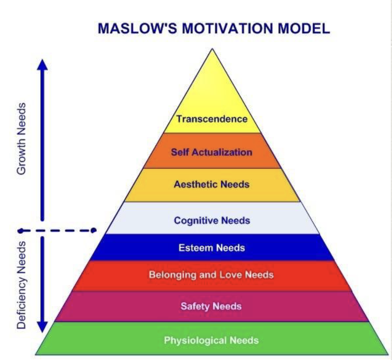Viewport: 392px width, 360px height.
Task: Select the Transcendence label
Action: coord(212,119)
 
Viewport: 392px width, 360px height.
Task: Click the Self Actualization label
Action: coord(212,152)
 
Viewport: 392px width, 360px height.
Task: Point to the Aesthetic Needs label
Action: coord(212,185)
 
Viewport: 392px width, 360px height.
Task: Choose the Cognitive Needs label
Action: coord(212,220)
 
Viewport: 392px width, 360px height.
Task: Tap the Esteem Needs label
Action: coord(212,248)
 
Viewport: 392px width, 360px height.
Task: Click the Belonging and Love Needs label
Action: coord(211,275)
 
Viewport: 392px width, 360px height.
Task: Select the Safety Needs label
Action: coord(211,306)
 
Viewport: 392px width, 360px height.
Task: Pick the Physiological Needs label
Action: coord(211,340)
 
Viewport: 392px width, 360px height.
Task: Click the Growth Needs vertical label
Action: coord(22,138)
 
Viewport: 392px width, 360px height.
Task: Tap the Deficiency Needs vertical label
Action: coord(22,284)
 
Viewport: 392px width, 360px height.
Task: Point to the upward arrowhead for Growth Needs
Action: coord(43,65)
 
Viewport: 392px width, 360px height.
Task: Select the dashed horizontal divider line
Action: coord(57,230)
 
